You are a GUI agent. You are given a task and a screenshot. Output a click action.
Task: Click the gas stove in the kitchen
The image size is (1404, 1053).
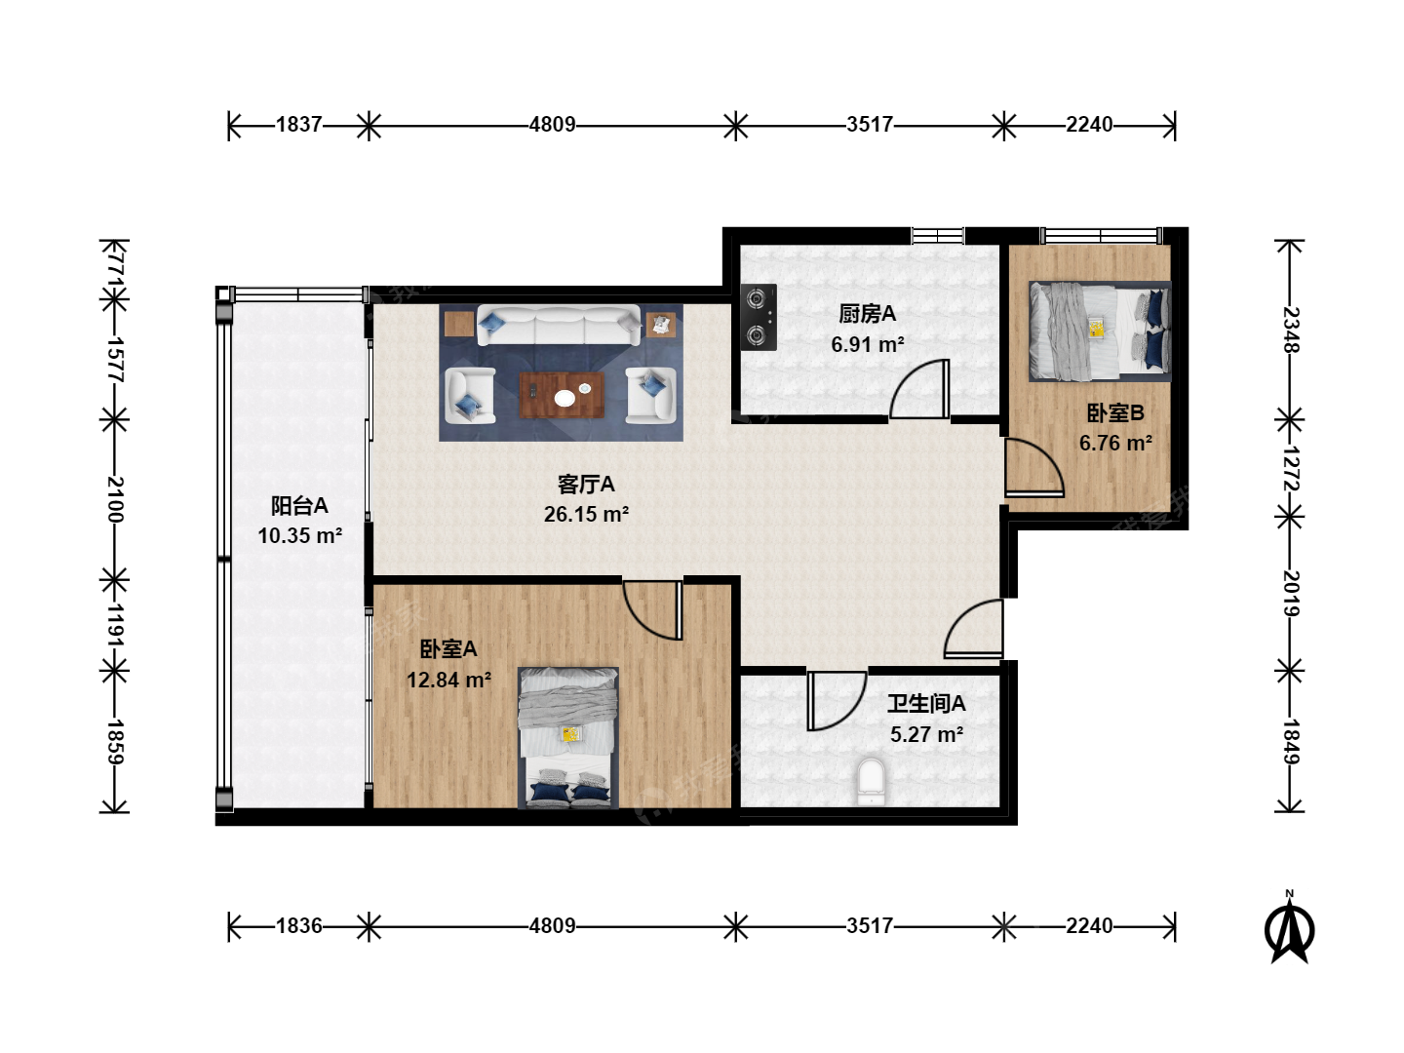point(758,317)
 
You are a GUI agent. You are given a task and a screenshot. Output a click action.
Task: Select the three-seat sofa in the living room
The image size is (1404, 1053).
point(559,325)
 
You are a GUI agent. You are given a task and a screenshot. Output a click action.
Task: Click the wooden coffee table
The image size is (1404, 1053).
point(562,395)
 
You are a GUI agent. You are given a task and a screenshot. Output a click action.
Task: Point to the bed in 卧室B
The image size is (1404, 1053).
point(1100,331)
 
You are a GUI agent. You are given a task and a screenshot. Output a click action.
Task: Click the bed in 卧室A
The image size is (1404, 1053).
point(568,738)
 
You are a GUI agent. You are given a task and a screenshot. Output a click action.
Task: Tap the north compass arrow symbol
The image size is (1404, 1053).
point(1290,930)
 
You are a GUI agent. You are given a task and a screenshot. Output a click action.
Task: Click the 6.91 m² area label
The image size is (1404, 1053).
point(868,344)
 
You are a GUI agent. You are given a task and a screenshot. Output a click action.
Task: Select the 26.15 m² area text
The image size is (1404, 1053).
point(586,514)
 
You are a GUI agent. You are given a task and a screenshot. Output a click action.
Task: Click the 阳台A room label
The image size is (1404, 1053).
point(299,506)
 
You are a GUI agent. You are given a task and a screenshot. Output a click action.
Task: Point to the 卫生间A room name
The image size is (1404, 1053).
point(926,703)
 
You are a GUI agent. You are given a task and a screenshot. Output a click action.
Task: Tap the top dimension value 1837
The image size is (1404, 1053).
point(298,124)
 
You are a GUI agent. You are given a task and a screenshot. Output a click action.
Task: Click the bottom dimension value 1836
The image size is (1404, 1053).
point(298,926)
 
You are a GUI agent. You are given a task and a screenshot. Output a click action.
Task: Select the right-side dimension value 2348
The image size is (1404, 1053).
point(1290,331)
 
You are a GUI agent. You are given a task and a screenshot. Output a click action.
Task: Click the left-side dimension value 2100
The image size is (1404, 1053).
point(114,499)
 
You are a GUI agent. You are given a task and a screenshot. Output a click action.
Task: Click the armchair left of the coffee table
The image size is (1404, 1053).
point(470,395)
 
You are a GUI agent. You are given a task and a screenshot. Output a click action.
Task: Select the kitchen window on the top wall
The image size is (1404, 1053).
point(938,236)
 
